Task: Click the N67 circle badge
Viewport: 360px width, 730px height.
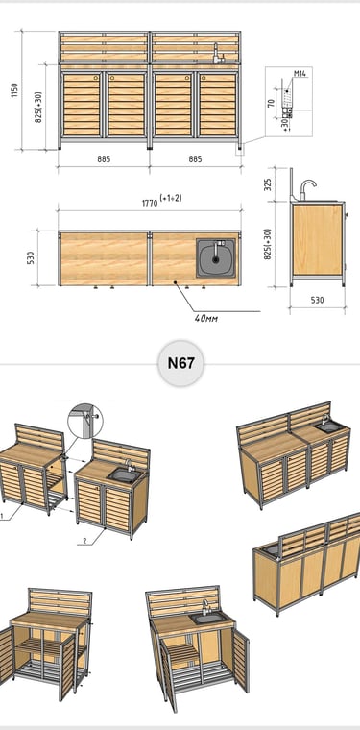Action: (180, 363)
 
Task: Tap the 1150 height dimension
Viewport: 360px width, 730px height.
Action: (14, 90)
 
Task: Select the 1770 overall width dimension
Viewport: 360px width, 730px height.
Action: (150, 203)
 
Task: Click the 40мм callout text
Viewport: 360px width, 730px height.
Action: (206, 319)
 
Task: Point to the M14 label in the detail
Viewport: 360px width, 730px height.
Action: (300, 74)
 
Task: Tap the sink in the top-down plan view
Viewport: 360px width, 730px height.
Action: (215, 258)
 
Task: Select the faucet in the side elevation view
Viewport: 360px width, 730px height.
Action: (307, 189)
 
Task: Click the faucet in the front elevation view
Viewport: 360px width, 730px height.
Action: (218, 54)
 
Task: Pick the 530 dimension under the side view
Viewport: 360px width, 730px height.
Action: (317, 301)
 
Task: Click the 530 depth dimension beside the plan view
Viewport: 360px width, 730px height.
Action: (30, 257)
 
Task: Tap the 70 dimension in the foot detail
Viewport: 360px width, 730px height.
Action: (271, 103)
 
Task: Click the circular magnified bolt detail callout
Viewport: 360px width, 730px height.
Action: (85, 421)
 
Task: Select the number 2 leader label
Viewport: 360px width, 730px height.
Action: (84, 541)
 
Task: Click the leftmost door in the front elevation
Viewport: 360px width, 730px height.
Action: (82, 105)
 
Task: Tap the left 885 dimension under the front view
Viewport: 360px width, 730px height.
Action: (104, 159)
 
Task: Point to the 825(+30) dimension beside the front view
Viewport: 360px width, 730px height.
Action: (38, 107)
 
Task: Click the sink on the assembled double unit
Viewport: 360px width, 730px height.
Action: (329, 426)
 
